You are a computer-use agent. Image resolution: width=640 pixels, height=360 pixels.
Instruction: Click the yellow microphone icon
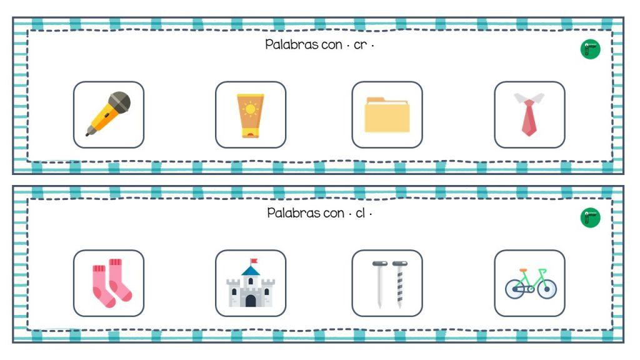click(x=108, y=114)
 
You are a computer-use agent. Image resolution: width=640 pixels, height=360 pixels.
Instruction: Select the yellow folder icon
click(x=387, y=115)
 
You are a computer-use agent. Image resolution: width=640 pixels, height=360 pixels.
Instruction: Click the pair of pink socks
click(x=112, y=282)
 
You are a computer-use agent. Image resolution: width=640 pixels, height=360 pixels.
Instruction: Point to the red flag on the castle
click(x=253, y=261)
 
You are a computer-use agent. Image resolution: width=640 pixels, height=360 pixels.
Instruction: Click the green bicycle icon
click(x=530, y=284)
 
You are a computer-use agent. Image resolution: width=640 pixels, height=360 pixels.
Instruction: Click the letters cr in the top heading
click(x=360, y=45)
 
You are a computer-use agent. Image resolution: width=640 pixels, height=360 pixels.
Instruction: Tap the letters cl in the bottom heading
click(x=360, y=213)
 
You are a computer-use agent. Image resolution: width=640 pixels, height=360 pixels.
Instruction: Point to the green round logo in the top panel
click(x=589, y=49)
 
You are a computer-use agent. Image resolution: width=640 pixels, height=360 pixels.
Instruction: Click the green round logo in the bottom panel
click(x=589, y=217)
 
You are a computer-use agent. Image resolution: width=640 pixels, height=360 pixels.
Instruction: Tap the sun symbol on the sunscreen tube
click(x=250, y=110)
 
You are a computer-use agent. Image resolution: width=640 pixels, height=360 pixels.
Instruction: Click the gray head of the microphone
click(x=119, y=101)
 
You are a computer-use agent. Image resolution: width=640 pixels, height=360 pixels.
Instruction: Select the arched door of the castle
click(x=250, y=301)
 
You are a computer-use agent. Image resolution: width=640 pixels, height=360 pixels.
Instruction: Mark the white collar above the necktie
click(x=529, y=98)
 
